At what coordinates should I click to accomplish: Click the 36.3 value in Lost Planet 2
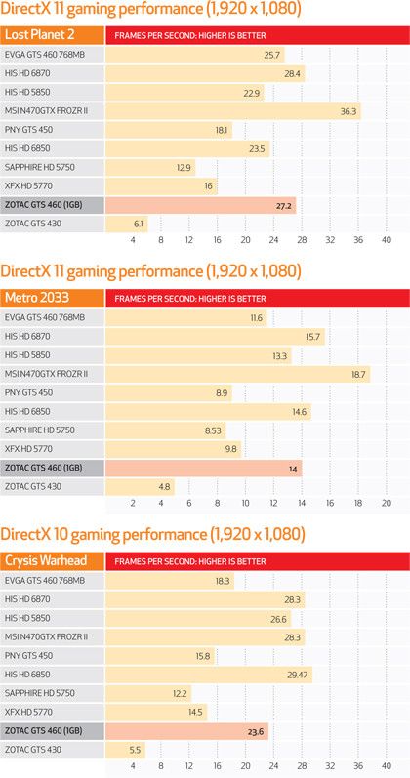[348, 111]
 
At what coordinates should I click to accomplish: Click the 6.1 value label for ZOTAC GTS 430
[139, 224]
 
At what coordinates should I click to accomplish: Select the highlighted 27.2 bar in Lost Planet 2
[200, 205]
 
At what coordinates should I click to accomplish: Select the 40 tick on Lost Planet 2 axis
[387, 241]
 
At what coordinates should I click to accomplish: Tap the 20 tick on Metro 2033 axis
[387, 503]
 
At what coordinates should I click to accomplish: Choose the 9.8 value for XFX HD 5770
[231, 449]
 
